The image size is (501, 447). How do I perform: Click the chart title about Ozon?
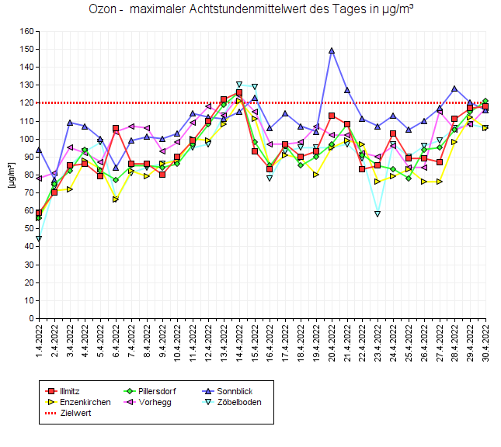[250, 10]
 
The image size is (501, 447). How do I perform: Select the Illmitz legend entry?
[70, 391]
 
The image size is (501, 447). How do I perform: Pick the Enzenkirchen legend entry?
[85, 402]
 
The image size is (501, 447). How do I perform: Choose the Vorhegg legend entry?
[155, 402]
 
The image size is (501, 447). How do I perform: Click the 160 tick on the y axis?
[27, 32]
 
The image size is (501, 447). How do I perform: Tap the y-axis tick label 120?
[27, 103]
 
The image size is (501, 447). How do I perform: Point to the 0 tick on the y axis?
[32, 318]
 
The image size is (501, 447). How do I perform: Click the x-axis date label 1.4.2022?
[39, 341]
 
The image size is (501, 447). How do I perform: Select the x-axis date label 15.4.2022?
[255, 341]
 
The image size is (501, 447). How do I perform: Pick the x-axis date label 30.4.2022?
[485, 341]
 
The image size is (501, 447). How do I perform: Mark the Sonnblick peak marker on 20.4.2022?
[332, 50]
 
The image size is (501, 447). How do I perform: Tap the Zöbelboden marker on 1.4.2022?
[39, 238]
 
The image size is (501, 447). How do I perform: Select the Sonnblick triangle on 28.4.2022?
[454, 88]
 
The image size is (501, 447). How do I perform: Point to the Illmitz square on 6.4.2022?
[116, 128]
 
